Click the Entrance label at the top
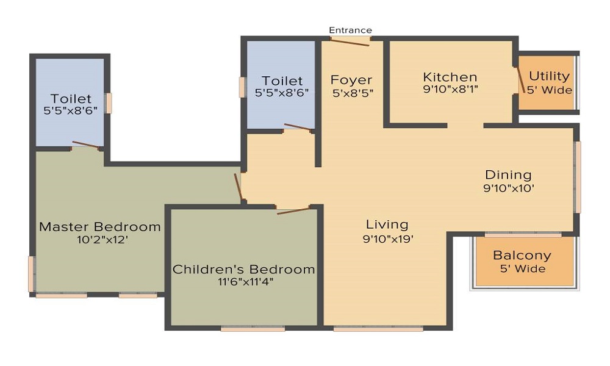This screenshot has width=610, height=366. (350, 30)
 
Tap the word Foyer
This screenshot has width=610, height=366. (351, 80)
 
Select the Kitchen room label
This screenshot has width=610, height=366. (450, 77)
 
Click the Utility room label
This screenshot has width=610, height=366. (549, 76)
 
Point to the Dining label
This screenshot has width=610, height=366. (508, 175)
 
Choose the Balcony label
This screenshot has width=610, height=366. (522, 256)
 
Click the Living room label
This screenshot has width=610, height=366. (387, 224)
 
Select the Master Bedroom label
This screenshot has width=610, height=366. (100, 227)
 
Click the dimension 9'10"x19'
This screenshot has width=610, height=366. (388, 239)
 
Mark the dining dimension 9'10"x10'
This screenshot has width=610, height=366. (508, 188)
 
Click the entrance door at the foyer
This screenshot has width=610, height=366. (346, 42)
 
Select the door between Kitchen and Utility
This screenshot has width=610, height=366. (521, 80)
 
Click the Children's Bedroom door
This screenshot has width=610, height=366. (294, 210)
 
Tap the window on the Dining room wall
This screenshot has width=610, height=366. (577, 177)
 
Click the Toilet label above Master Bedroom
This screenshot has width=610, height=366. (71, 98)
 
